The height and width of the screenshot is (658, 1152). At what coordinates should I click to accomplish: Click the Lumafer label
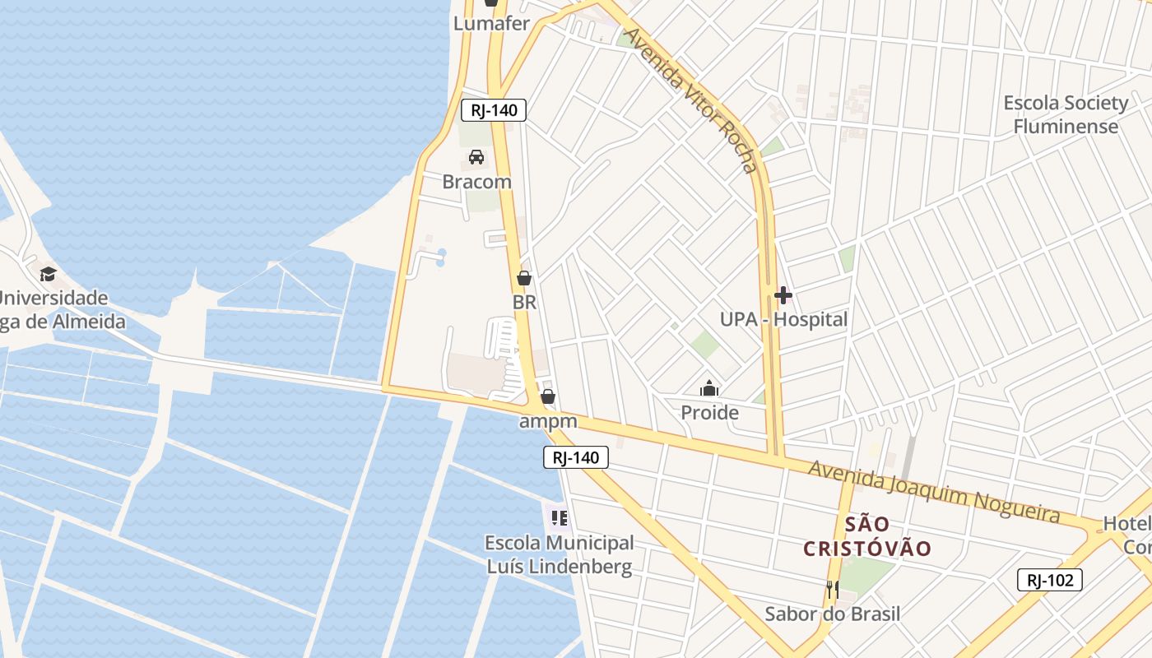491,23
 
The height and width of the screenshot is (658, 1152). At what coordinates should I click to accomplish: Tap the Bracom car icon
476,157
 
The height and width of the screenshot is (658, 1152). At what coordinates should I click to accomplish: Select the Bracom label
476,182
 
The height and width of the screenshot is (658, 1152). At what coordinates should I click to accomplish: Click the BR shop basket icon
524,279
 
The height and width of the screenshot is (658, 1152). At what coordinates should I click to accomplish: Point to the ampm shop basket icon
548,397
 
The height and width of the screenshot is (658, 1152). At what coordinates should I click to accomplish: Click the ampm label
548,422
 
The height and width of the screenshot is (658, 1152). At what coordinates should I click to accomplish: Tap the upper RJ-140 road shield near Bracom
493,110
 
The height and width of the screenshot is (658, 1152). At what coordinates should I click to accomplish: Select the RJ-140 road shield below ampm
576,457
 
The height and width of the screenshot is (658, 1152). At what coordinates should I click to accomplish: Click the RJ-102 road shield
1049,580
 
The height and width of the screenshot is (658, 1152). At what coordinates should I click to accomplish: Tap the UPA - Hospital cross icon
783,294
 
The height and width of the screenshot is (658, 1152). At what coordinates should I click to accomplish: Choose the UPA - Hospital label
783,319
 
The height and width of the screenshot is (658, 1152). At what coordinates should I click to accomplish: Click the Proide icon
709,388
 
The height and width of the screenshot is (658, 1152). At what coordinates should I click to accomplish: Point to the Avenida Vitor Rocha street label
690,100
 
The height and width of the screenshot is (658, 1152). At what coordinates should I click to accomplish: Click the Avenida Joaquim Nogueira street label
933,491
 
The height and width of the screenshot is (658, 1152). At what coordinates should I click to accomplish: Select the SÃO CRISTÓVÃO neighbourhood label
866,536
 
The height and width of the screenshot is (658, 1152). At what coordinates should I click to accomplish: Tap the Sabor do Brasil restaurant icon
833,589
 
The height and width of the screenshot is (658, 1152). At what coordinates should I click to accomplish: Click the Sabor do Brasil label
832,614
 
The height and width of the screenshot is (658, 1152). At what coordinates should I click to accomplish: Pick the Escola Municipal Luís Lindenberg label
560,554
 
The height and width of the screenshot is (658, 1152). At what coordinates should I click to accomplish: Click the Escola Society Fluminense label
1066,114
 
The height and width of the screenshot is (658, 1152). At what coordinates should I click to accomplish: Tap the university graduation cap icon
48,274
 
